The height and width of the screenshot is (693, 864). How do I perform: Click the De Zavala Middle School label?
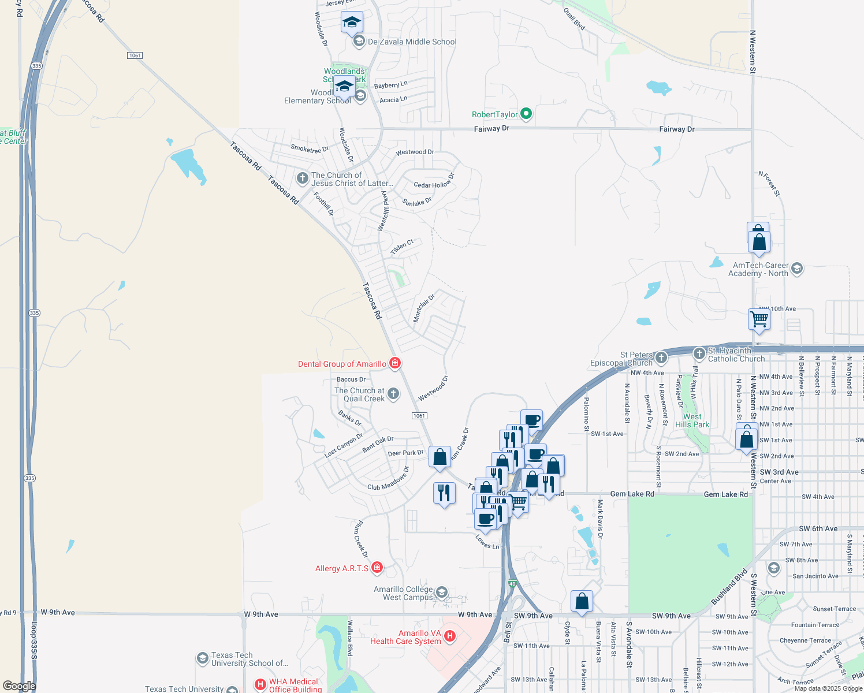(x=412, y=42)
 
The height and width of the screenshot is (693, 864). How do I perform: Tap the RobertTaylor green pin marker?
(x=526, y=114)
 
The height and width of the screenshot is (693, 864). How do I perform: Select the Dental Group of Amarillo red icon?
(x=395, y=363)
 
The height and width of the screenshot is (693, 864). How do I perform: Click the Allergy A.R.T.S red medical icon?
(x=377, y=568)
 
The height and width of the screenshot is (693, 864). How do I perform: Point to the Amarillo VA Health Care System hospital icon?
(x=450, y=636)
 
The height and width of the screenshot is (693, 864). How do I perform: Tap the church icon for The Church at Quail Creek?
(x=393, y=394)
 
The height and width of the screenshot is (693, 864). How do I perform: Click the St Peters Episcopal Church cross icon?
(x=661, y=358)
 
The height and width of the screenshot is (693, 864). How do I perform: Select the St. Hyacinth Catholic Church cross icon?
(x=699, y=353)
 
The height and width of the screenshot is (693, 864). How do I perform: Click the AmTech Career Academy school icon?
(x=797, y=269)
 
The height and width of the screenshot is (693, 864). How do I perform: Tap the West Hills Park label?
(x=692, y=420)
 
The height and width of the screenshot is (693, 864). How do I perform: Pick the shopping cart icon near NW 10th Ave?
(x=759, y=319)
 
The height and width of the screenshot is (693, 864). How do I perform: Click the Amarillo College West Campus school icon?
(x=441, y=593)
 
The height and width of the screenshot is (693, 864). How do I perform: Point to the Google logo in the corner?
(x=19, y=685)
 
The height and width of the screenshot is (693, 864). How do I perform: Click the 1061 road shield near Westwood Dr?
(x=419, y=416)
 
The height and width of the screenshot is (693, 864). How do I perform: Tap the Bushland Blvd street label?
(x=729, y=587)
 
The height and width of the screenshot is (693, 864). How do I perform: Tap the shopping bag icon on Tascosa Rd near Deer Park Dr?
(x=440, y=457)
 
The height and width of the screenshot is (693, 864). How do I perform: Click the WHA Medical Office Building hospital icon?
(x=260, y=685)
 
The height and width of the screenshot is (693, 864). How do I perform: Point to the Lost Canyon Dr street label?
(x=344, y=445)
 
